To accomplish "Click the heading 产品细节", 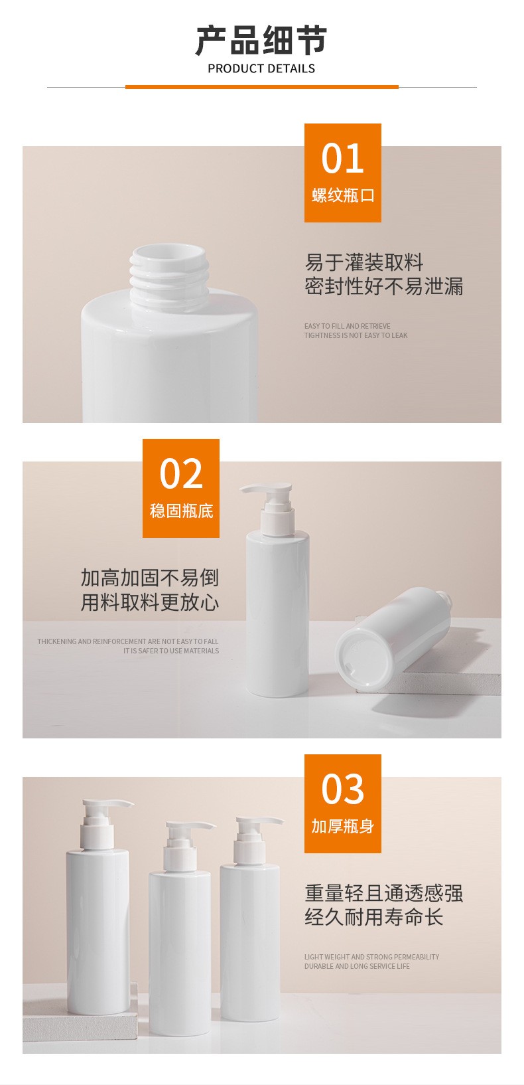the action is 261,41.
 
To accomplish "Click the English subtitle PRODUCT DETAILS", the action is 261,69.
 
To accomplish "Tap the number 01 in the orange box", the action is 342,159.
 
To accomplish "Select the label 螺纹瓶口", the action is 343,195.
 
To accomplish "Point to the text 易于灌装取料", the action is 364,262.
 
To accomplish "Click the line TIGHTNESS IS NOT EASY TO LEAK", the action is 356,335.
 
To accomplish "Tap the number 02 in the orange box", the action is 181,473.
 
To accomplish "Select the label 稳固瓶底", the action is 181,511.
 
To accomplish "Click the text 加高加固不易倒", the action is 149,578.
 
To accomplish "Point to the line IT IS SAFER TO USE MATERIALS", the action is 170,651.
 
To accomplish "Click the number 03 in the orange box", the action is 342,789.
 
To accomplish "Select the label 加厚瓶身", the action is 342,826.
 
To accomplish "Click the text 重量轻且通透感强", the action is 383,893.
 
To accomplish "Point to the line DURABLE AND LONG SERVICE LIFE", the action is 357,966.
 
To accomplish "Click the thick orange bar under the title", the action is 262,87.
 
